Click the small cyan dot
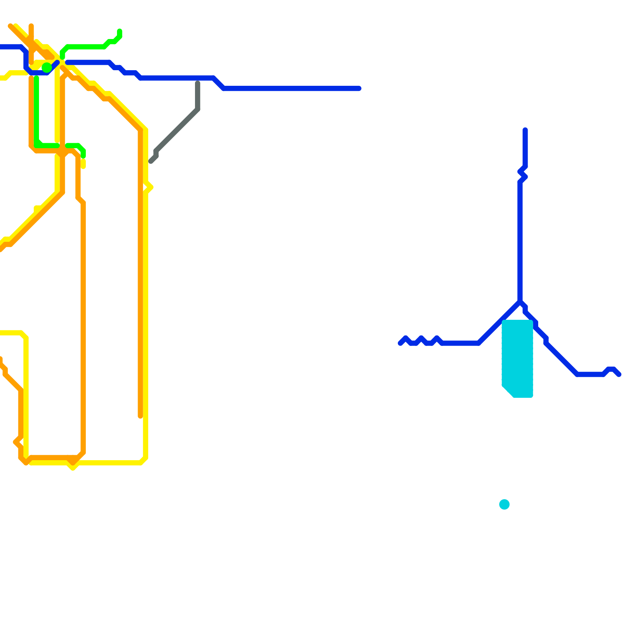504,504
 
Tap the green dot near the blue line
47,67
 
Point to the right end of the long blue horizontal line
359,89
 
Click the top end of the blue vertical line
525,130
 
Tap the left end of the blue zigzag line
400,343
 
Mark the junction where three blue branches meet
520,302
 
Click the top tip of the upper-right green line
120,31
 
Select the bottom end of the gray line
151,161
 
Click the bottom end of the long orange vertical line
140,416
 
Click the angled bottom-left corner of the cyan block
507,391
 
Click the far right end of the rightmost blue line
619,374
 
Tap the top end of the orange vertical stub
31,26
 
